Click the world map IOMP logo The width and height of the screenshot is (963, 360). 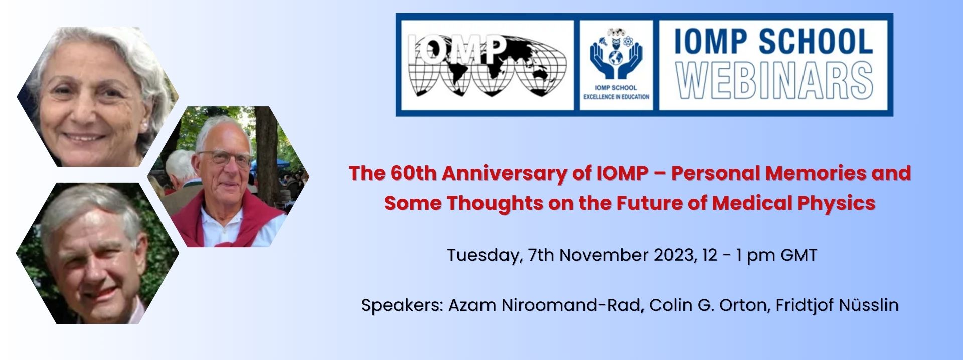(x=487, y=65)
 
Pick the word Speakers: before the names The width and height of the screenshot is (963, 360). (x=402, y=305)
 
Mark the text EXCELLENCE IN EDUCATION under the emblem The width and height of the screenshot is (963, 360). (x=616, y=97)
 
